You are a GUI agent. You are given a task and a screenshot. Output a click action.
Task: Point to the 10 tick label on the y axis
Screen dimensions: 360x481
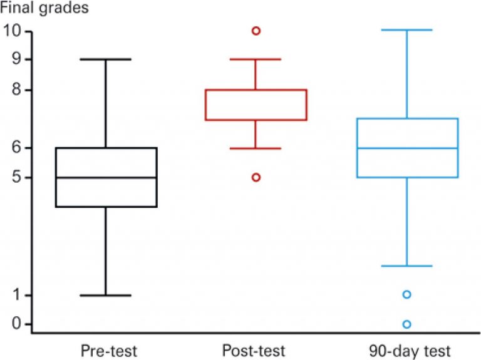click(x=14, y=30)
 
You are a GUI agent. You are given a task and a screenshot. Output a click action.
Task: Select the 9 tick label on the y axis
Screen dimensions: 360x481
click(x=10, y=59)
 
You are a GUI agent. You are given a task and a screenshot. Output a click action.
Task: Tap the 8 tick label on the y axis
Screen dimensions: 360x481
click(x=10, y=90)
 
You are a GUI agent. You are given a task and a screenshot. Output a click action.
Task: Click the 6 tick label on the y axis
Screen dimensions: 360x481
click(x=10, y=148)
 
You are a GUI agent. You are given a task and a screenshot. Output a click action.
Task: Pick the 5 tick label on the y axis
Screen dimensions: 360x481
click(x=10, y=178)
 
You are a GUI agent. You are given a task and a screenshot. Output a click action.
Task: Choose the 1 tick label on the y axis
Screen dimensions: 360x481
click(x=10, y=296)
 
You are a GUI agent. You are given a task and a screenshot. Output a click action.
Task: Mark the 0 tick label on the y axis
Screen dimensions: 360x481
click(x=10, y=324)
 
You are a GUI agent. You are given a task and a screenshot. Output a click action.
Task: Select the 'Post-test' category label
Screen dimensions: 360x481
click(x=253, y=349)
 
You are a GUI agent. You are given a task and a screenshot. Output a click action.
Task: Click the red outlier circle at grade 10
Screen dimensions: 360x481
click(x=256, y=31)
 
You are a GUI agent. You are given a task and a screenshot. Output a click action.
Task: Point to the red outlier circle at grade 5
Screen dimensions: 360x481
click(x=256, y=177)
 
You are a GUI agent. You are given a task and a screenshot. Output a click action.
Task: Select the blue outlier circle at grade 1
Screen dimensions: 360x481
click(x=407, y=294)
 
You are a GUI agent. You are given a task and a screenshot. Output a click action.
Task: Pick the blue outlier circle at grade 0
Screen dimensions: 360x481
click(x=407, y=324)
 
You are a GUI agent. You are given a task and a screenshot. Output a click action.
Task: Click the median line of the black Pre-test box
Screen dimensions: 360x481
click(x=106, y=177)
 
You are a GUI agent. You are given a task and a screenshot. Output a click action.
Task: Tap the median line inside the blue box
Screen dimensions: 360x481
click(x=407, y=148)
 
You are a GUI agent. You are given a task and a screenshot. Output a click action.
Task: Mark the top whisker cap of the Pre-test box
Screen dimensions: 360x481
click(x=106, y=59)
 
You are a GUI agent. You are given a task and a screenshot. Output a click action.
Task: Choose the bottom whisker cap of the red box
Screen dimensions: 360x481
click(x=256, y=148)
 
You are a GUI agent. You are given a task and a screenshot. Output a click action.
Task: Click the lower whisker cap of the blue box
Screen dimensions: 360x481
click(x=407, y=266)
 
